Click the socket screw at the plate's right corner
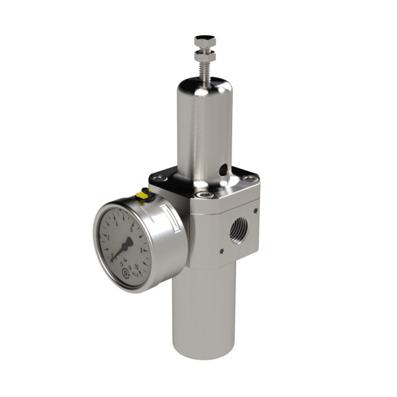(x=249, y=178)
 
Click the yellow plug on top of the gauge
(x=141, y=195)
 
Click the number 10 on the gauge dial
(x=136, y=267)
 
